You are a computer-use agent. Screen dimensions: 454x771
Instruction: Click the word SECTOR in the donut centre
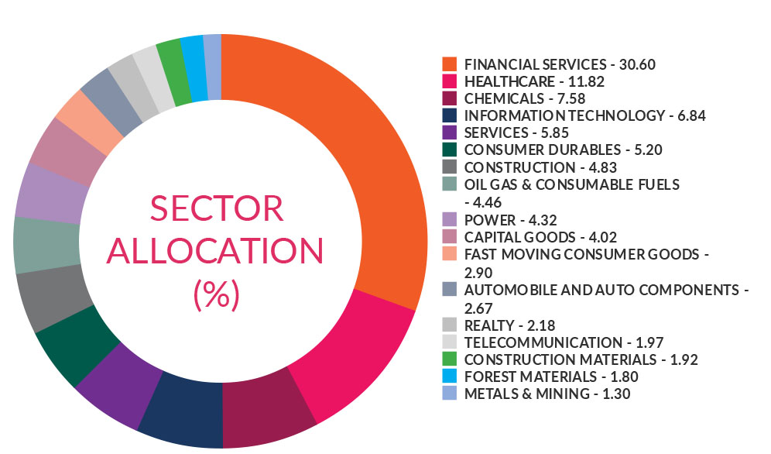tap(217, 210)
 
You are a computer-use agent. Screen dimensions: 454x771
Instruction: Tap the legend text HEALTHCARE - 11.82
tap(534, 81)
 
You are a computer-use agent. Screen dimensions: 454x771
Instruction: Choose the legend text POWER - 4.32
tap(512, 219)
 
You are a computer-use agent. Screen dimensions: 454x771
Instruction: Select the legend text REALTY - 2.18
tap(510, 325)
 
